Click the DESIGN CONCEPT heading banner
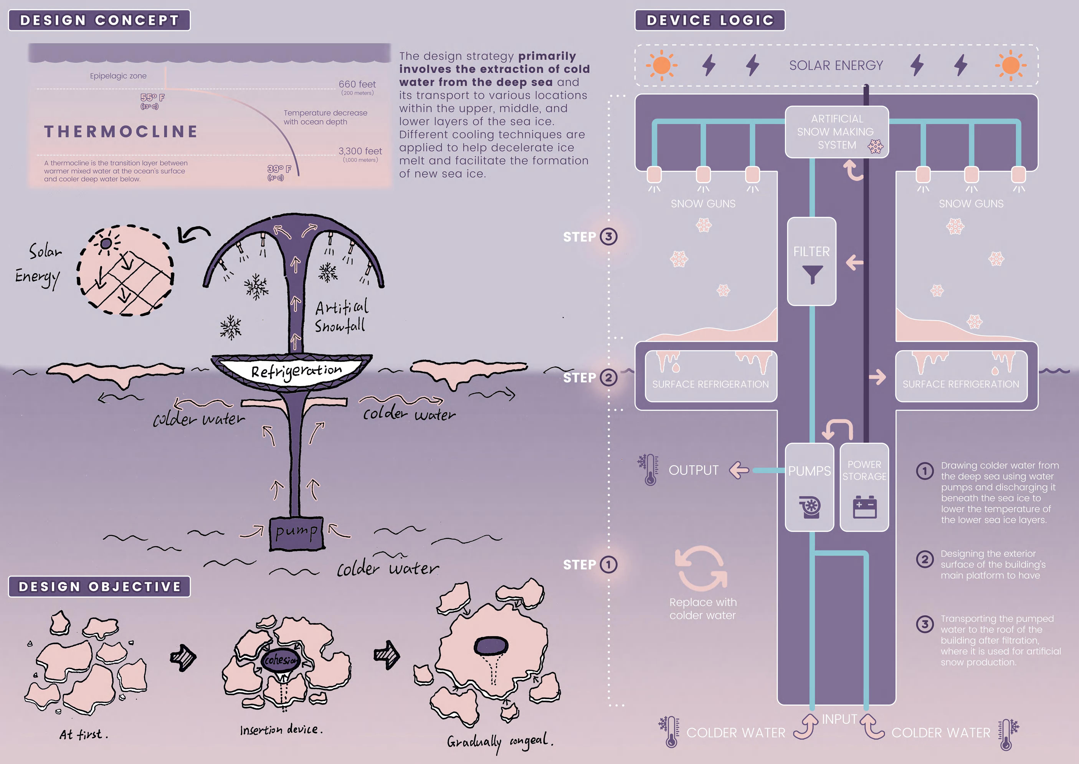click(x=99, y=20)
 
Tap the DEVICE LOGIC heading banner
click(x=710, y=20)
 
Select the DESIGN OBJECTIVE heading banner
click(x=99, y=587)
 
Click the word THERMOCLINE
click(x=121, y=132)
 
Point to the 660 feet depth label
click(x=357, y=84)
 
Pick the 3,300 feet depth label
click(x=360, y=151)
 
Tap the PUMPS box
click(x=809, y=487)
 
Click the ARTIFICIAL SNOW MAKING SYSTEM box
click(x=837, y=132)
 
